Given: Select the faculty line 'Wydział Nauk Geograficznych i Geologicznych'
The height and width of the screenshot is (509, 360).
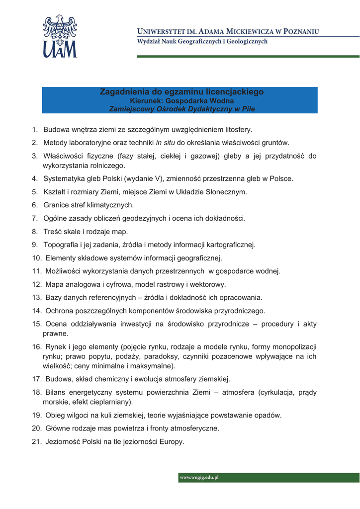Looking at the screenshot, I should [x=202, y=42].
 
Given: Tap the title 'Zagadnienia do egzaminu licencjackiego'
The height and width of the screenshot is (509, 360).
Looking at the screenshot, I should [x=181, y=92].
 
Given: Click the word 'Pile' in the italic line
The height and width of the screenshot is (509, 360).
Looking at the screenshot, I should [x=247, y=108].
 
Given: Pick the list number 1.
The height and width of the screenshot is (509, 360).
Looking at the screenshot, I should [x=34, y=130].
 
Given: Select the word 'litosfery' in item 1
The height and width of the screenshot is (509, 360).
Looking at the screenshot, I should [x=236, y=130].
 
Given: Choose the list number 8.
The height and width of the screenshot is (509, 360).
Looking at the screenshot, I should [x=34, y=231].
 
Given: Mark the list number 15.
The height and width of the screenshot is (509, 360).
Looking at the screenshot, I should [x=36, y=324].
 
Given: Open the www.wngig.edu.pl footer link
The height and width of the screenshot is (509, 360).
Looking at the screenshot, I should [x=199, y=478].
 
